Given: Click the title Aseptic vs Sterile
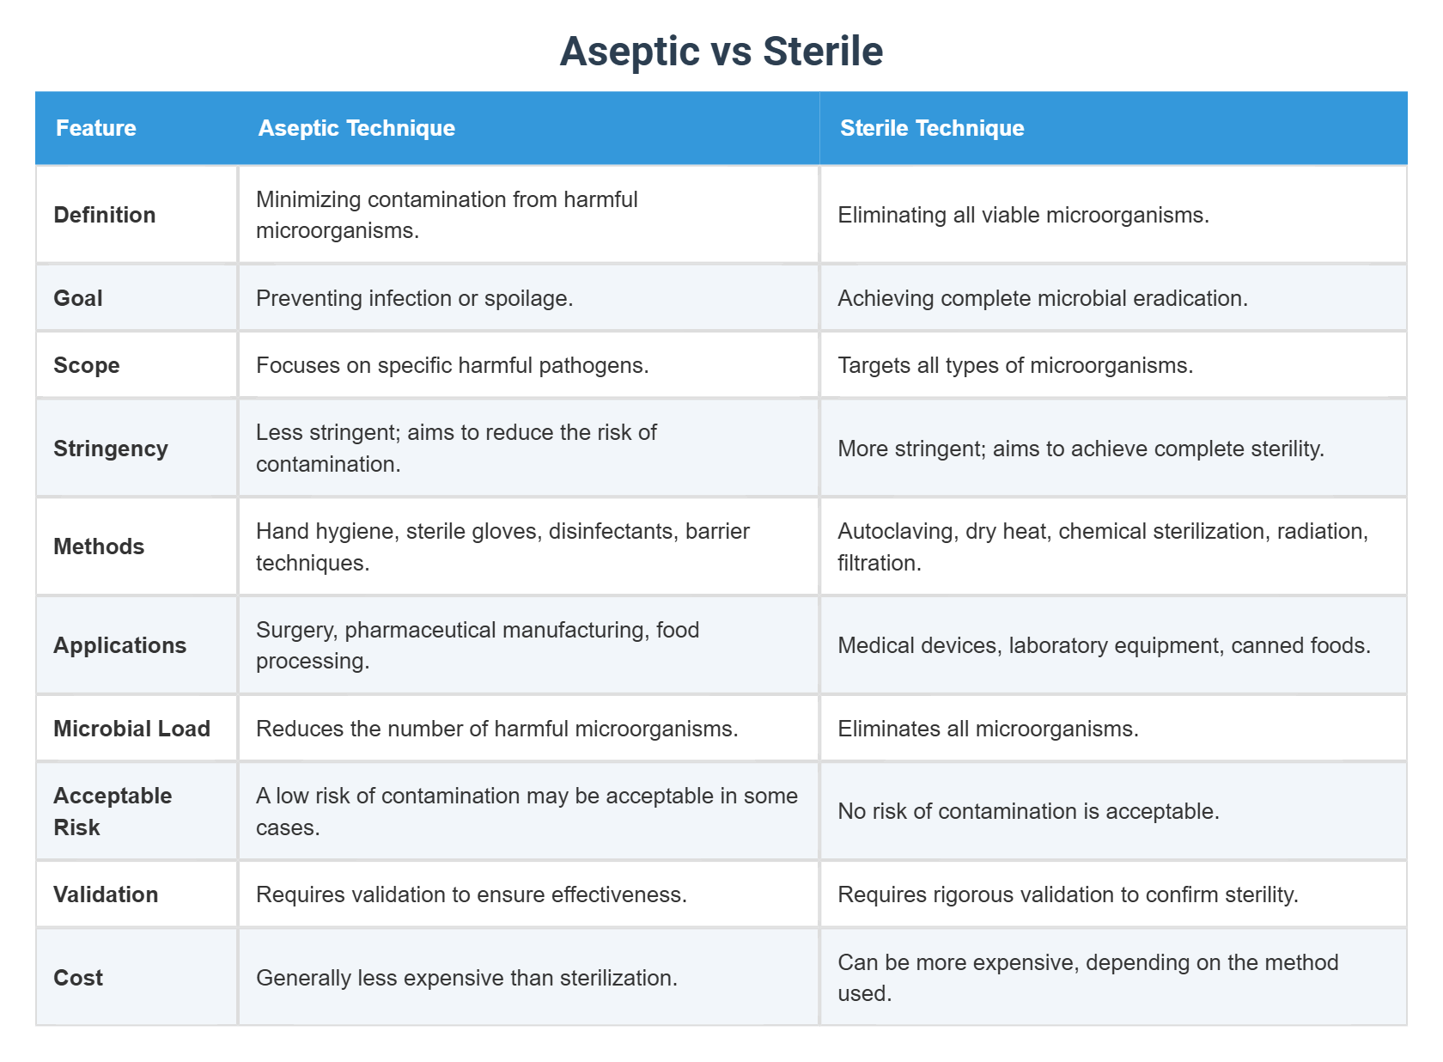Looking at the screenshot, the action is click(x=721, y=51).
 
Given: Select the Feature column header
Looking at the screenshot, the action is click(x=96, y=128).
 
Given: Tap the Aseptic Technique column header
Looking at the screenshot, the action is click(x=356, y=128).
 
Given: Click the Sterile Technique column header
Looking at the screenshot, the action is click(x=932, y=128).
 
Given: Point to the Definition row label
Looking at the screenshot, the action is click(x=105, y=215).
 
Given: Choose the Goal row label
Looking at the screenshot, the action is click(x=78, y=298).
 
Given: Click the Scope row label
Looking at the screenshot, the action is click(x=87, y=365).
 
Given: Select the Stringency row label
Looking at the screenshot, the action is click(x=111, y=449).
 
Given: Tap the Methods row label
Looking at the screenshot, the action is click(x=99, y=546).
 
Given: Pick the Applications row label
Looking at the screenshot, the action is click(x=120, y=645).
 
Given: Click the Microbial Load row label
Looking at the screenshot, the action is click(x=132, y=729).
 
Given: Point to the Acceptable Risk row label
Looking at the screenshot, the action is click(x=113, y=811).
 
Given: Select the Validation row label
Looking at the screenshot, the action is click(x=106, y=894).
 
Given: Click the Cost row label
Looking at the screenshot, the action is click(x=78, y=978).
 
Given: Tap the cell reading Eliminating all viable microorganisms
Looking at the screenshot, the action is click(x=1023, y=215).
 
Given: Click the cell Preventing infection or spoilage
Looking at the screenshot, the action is click(x=414, y=298).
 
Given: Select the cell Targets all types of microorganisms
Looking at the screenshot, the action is click(x=1015, y=365).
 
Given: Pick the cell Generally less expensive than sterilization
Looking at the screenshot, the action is click(x=466, y=978).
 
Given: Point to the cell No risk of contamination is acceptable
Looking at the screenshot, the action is click(x=1028, y=811).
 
